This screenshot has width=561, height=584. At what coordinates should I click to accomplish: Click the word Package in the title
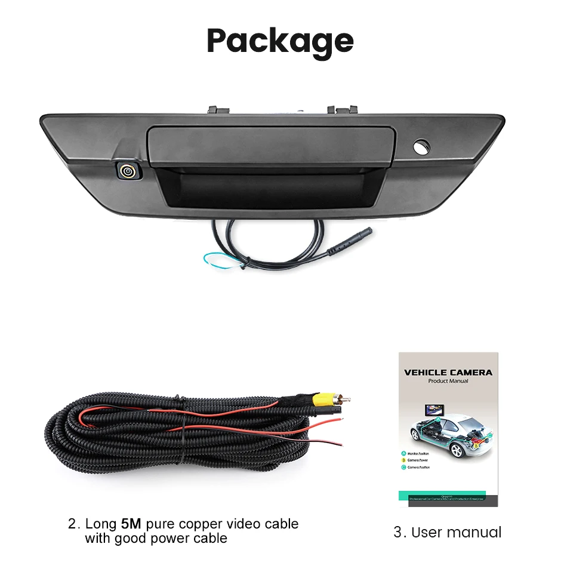point(280,41)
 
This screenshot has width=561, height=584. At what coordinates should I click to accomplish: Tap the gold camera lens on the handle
point(127,171)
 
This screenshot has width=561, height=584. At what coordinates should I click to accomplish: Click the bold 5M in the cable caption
point(131,524)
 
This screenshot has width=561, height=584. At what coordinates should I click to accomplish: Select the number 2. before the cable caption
point(74,524)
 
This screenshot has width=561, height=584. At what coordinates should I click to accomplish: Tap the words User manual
point(456,532)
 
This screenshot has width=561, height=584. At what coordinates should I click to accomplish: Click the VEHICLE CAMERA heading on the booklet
point(448,372)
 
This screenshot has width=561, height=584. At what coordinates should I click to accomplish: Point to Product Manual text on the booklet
point(448,381)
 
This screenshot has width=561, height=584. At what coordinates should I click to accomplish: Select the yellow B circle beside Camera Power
point(403,460)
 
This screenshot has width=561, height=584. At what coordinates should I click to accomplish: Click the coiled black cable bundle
point(179,436)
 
